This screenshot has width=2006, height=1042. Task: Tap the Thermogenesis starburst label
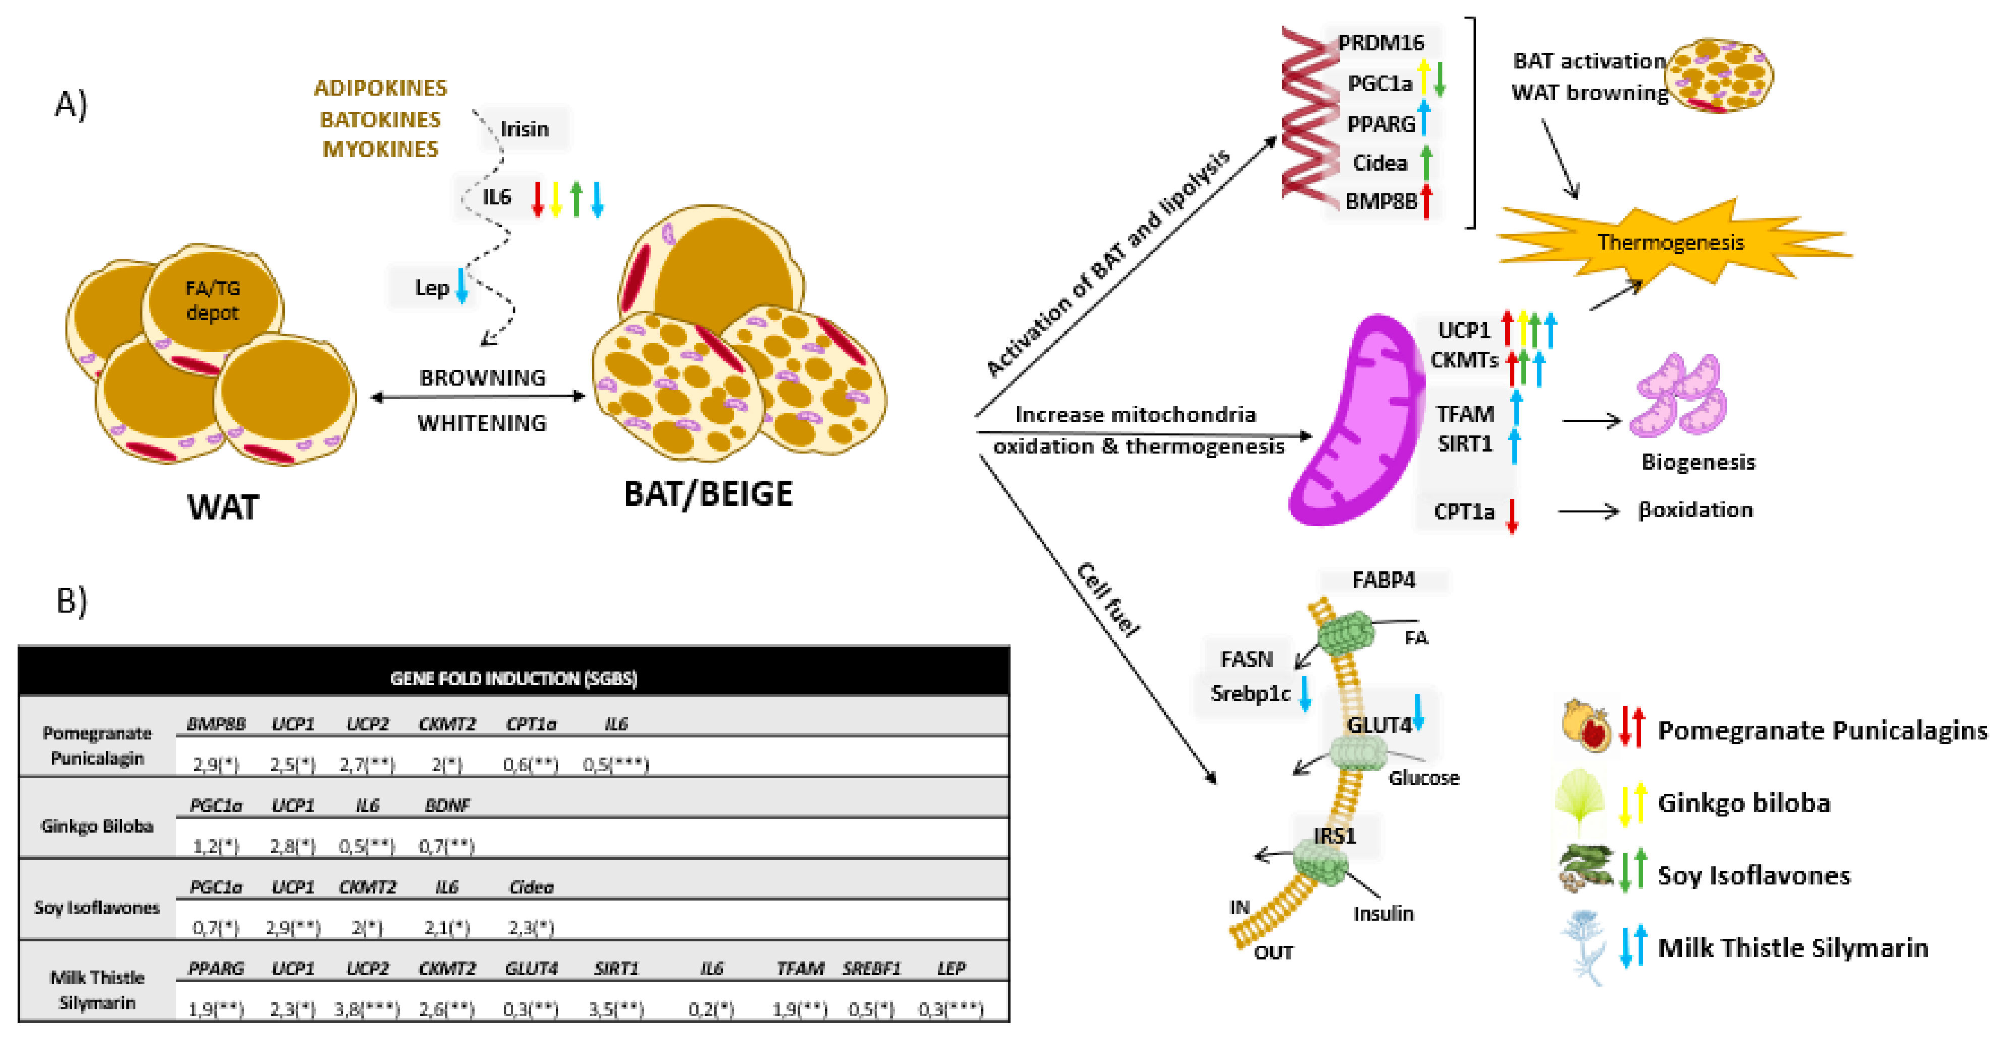1670,242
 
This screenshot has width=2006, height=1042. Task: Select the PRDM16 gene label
1380,42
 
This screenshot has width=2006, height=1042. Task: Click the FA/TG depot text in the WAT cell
212,301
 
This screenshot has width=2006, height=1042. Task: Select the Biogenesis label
1698,462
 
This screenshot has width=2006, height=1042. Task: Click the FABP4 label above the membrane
1383,580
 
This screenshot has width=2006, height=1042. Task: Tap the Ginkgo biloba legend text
1743,802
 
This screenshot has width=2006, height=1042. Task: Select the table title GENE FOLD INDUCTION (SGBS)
513,679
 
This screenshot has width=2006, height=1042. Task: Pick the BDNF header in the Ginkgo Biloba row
447,805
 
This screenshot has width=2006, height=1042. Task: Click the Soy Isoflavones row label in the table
97,907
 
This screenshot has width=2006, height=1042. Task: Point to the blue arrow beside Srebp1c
1305,693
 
